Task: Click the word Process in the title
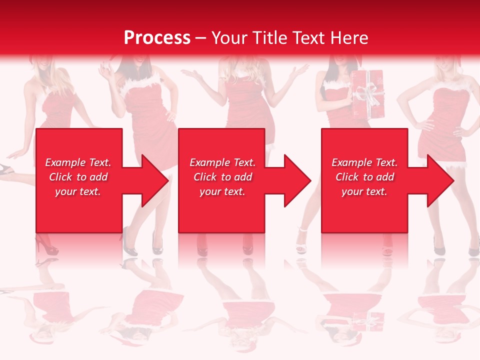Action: pyautogui.click(x=157, y=38)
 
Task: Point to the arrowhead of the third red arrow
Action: pyautogui.click(x=439, y=180)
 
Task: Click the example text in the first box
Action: pyautogui.click(x=78, y=177)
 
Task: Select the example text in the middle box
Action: pyautogui.click(x=222, y=177)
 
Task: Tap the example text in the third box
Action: pyautogui.click(x=364, y=177)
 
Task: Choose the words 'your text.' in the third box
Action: pyautogui.click(x=364, y=191)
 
